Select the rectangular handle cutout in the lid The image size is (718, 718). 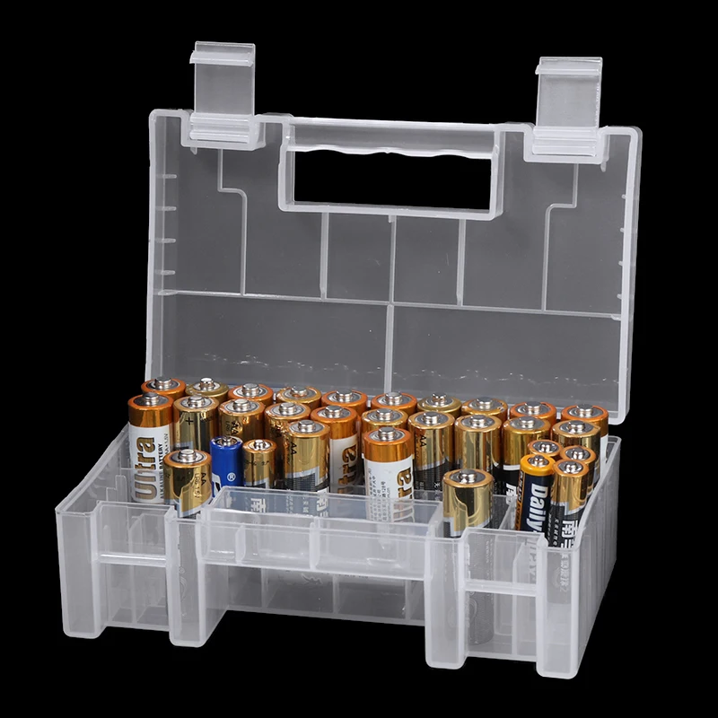point(391,175)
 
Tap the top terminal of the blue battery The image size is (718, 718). point(226,442)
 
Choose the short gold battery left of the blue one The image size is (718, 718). point(187,480)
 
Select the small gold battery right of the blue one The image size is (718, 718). point(258,462)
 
